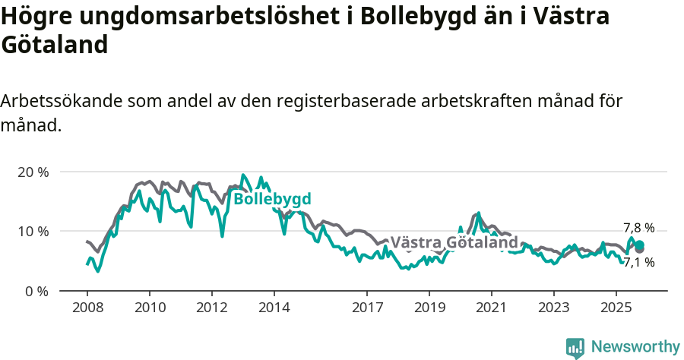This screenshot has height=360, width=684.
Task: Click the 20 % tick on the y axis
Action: (33, 172)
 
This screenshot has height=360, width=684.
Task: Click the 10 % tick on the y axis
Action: (33, 231)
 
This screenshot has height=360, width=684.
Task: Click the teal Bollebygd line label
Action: (272, 199)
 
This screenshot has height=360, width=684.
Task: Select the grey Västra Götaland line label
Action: (454, 243)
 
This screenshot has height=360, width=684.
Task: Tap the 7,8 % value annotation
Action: (639, 227)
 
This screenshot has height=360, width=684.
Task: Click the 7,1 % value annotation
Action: (639, 262)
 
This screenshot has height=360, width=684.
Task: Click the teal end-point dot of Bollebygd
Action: (640, 245)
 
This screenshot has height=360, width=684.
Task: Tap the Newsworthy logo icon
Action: (575, 348)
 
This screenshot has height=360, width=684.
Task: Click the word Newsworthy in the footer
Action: (635, 347)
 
